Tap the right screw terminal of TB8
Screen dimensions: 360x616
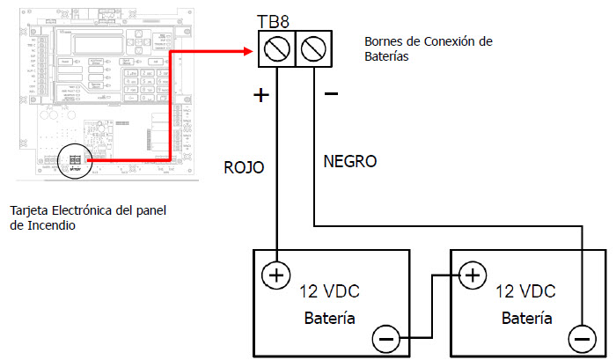313,49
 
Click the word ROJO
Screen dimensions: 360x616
245,167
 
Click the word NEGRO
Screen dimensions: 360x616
349,162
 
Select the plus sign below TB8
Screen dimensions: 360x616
260,95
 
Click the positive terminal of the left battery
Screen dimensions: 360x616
276,275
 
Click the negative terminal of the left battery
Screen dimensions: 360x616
385,337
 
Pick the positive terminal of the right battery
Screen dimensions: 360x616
473,275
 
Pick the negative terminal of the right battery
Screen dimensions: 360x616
581,337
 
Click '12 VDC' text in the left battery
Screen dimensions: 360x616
329,291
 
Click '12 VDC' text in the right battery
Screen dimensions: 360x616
525,291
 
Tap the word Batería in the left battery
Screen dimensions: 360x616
330,318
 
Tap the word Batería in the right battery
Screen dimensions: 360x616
526,318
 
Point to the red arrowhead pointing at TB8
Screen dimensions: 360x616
248,50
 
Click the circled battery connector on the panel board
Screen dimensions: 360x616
75,161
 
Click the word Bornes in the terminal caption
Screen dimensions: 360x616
385,40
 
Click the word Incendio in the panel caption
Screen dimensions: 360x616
52,225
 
